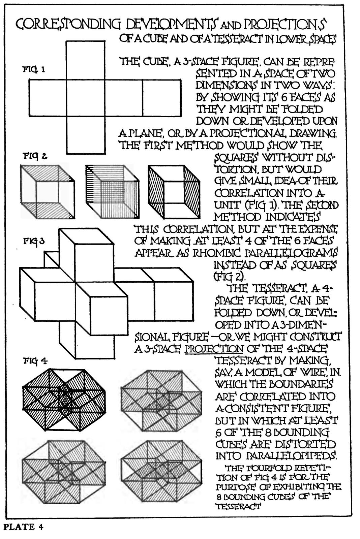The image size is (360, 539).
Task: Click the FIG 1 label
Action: (x=34, y=70)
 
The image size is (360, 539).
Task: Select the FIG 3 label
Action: (x=34, y=241)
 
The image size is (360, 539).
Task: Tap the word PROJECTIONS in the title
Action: (x=285, y=25)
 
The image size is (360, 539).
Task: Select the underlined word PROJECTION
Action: (x=214, y=349)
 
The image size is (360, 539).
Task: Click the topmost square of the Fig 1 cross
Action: (x=86, y=60)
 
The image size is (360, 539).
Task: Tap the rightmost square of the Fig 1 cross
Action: (x=161, y=98)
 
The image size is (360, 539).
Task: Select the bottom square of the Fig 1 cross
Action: (x=86, y=135)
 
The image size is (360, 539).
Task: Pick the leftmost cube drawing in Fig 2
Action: (x=48, y=192)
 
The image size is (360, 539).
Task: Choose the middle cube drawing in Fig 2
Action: (x=113, y=192)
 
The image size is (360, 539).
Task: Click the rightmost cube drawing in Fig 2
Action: (x=174, y=192)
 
